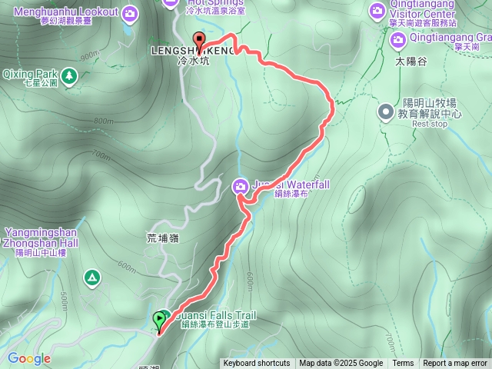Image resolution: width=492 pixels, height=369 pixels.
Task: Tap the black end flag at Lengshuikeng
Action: tap(199, 41)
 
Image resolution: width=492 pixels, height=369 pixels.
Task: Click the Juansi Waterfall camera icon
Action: tap(241, 185)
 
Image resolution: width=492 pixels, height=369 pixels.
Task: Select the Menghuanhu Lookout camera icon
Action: tap(130, 13)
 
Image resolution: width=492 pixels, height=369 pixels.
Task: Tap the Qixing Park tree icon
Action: tap(70, 75)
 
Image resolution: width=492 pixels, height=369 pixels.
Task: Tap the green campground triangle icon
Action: tap(93, 277)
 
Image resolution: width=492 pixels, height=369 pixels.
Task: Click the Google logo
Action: tap(29, 358)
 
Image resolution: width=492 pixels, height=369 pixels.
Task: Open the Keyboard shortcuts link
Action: tap(257, 364)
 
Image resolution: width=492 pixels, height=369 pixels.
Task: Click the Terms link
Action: tap(403, 364)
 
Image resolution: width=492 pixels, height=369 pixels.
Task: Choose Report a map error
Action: tap(455, 364)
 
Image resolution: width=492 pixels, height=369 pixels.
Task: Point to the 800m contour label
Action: tap(103, 121)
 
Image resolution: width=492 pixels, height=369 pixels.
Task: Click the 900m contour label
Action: tap(90, 55)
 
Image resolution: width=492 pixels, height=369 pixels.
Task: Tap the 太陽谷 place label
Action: tap(411, 60)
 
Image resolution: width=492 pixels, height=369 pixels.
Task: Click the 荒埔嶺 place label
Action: tap(162, 238)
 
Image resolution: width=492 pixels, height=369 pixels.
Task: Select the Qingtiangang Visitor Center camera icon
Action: tap(377, 11)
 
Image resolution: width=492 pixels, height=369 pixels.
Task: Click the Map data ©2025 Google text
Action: tap(341, 364)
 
